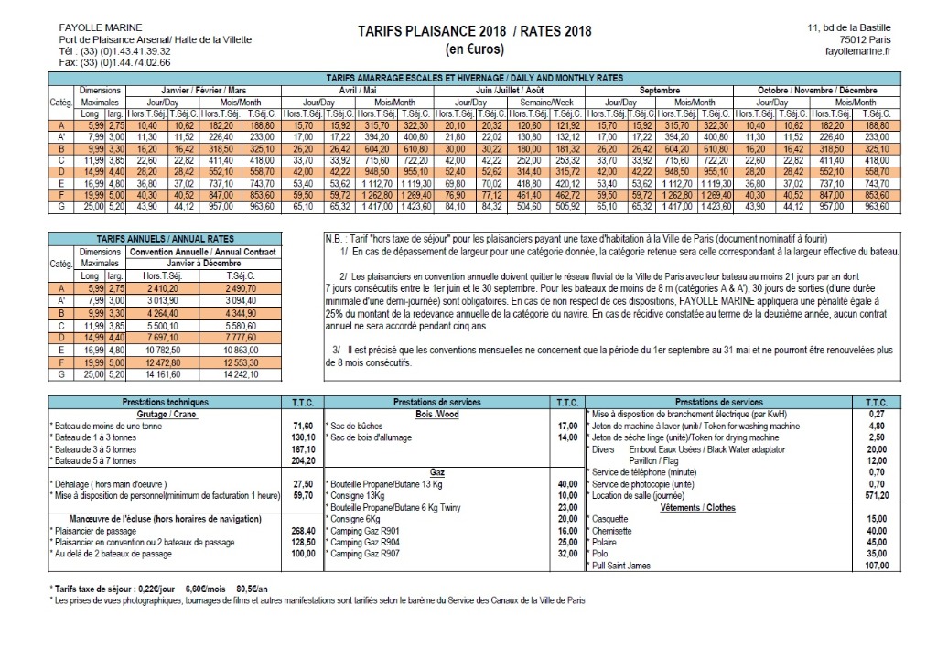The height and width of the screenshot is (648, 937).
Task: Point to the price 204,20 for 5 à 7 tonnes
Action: (x=302, y=461)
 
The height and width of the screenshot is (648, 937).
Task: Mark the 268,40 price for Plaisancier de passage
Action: (x=302, y=530)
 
